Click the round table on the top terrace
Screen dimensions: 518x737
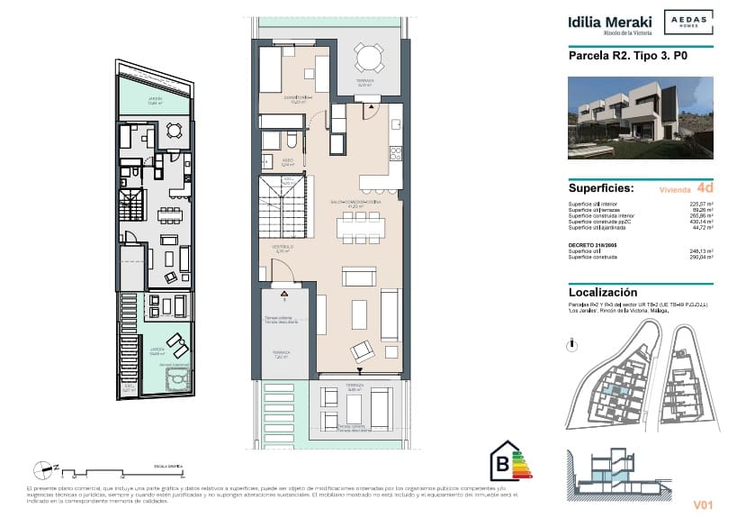(369, 59)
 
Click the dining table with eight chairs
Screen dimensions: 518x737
(357, 226)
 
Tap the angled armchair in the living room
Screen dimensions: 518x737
(363, 351)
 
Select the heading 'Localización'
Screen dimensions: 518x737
(603, 293)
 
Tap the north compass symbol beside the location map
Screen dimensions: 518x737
(573, 344)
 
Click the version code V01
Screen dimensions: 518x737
(702, 504)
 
